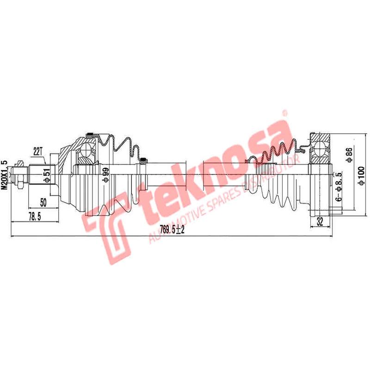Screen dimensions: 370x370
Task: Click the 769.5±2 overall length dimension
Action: [x=171, y=230]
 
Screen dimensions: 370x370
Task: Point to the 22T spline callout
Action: [x=38, y=151]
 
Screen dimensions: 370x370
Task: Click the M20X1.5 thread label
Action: [x=5, y=173]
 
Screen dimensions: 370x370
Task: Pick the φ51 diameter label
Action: [x=46, y=176]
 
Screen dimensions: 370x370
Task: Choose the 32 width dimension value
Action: [x=319, y=222]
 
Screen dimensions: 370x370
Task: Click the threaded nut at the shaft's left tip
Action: [x=20, y=175]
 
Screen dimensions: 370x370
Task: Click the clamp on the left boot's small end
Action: [x=143, y=161]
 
